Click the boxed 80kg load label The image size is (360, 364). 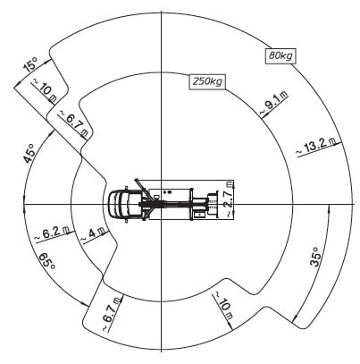tap(280, 55)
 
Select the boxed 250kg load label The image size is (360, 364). tap(207, 81)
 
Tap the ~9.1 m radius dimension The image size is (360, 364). tap(274, 104)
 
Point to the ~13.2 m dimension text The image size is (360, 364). tap(316, 147)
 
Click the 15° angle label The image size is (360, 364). tap(30, 65)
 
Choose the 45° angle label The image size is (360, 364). tap(29, 154)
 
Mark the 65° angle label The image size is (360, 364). tap(47, 261)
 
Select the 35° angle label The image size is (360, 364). tap(316, 257)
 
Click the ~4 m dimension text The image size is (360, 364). tap(93, 234)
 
